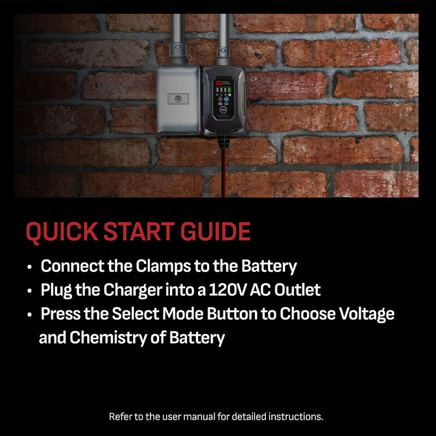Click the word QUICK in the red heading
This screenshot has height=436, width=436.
pyautogui.click(x=62, y=231)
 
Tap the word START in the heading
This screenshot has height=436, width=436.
pyautogui.click(x=139, y=231)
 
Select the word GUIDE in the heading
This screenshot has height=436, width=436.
pyautogui.click(x=215, y=231)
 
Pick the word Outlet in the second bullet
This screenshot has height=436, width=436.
pyautogui.click(x=297, y=290)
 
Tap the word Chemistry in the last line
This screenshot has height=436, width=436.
pyautogui.click(x=108, y=338)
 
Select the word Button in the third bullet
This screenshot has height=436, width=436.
pyautogui.click(x=232, y=314)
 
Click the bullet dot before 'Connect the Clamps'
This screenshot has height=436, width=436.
pyautogui.click(x=29, y=267)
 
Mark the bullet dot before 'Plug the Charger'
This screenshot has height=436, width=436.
pyautogui.click(x=29, y=291)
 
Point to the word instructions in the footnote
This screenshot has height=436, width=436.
pyautogui.click(x=295, y=416)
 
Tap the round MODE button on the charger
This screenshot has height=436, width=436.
pyautogui.click(x=223, y=110)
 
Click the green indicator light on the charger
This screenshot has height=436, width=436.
pyautogui.click(x=229, y=90)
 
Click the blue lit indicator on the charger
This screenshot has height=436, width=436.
pyautogui.click(x=226, y=99)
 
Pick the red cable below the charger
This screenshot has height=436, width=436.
pyautogui.click(x=223, y=173)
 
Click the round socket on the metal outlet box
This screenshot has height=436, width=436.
pyautogui.click(x=178, y=99)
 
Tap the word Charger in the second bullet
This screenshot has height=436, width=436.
pyautogui.click(x=132, y=290)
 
